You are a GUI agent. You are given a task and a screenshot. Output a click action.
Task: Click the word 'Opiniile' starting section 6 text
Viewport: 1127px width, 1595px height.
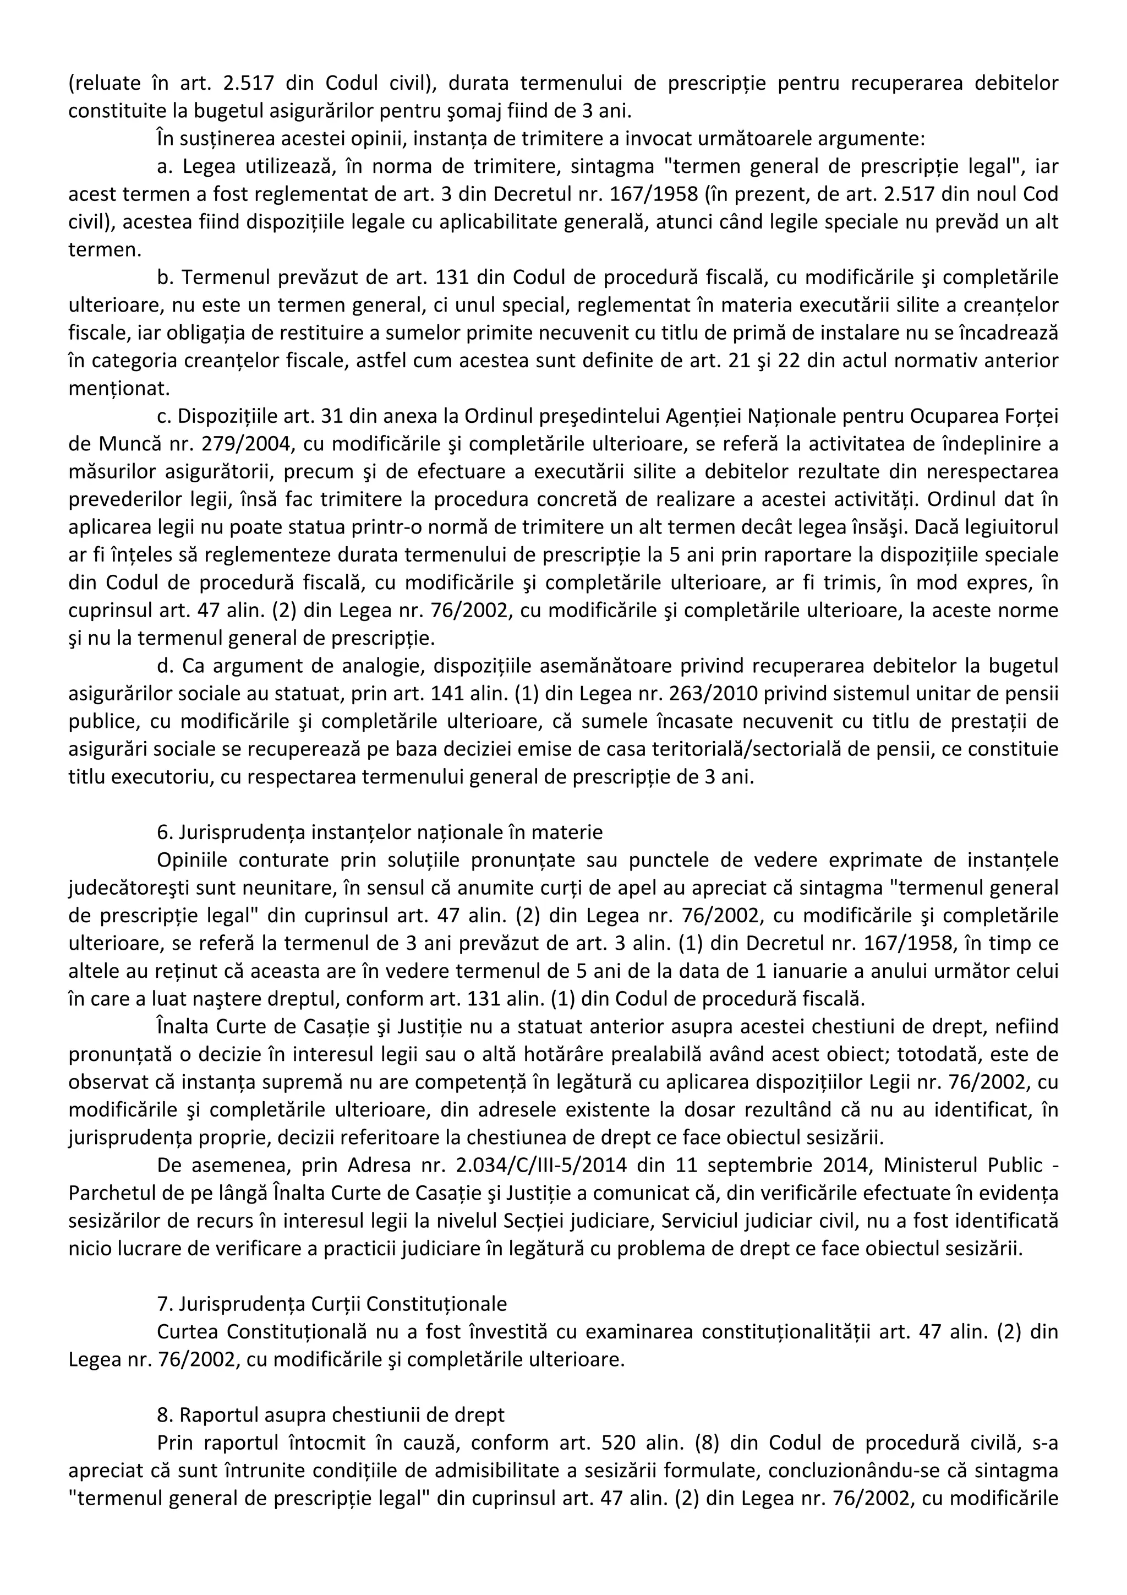point(188,860)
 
